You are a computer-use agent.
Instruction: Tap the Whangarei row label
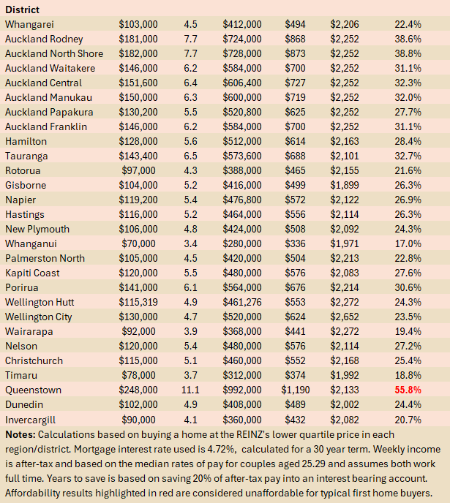pyautogui.click(x=29, y=24)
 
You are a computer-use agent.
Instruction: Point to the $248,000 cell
pyautogui.click(x=138, y=390)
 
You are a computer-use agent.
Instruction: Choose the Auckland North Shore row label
pyautogui.click(x=54, y=53)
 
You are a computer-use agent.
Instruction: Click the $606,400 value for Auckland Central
pyautogui.click(x=241, y=83)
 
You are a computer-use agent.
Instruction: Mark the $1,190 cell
pyautogui.click(x=296, y=390)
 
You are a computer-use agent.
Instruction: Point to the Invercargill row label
pyautogui.click(x=32, y=419)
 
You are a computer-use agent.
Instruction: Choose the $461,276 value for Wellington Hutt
pyautogui.click(x=241, y=302)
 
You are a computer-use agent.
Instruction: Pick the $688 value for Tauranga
pyautogui.click(x=297, y=156)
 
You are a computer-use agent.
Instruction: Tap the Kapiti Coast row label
pyautogui.click(x=34, y=273)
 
